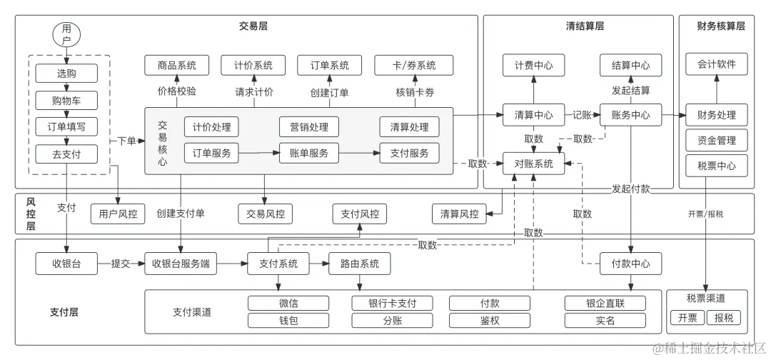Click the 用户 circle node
coord(66,34)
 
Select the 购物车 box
coord(66,100)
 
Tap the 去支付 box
coord(66,154)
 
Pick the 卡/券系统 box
coord(405,65)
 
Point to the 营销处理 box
coord(308,127)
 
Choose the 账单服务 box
coord(308,153)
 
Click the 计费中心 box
coord(533,65)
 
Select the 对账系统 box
coord(533,164)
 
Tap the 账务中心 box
coord(630,114)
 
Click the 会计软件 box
coord(716,64)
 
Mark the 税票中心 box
coord(716,166)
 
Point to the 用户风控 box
coord(118,213)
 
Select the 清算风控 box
coord(459,213)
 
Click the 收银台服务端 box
coord(181,264)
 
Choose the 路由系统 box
coord(359,264)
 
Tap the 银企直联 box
coord(605,303)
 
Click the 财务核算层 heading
coord(720,26)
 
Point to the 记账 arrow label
coord(582,114)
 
